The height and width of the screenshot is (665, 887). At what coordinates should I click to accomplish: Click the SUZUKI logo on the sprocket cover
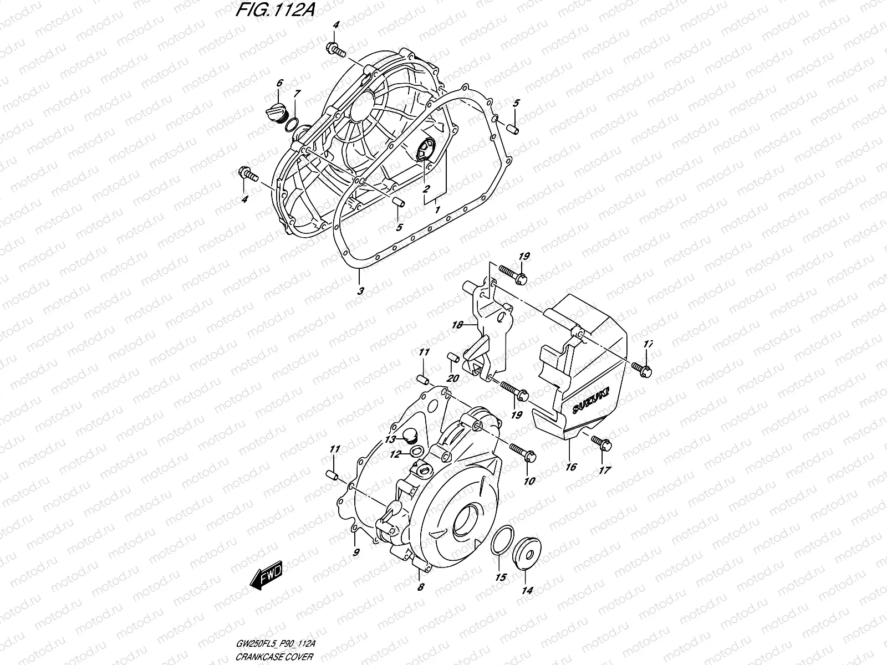point(590,399)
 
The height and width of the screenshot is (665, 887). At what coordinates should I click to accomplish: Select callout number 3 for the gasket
point(360,291)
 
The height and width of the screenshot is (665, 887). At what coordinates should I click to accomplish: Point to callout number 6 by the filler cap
point(279,83)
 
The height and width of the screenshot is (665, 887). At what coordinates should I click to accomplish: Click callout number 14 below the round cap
point(527,591)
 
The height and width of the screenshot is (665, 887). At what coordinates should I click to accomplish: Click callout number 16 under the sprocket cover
point(570,467)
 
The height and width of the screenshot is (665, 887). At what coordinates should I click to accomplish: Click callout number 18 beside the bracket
point(457,325)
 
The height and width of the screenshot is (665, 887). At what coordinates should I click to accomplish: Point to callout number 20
point(453,378)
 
